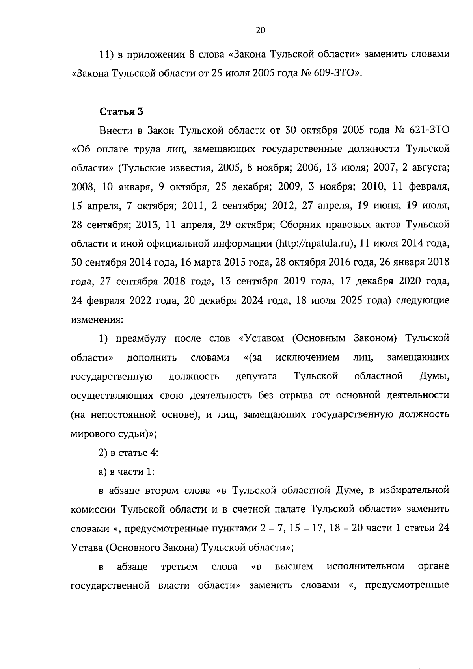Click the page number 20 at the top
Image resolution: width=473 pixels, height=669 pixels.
pyautogui.click(x=261, y=30)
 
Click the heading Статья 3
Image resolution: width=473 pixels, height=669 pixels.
pyautogui.click(x=121, y=111)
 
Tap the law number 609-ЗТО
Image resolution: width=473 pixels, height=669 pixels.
pyautogui.click(x=334, y=73)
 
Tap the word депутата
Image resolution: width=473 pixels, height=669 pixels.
pyautogui.click(x=256, y=376)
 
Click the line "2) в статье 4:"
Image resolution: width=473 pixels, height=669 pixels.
pyautogui.click(x=128, y=453)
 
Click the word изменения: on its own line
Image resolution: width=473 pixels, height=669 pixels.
pyautogui.click(x=97, y=320)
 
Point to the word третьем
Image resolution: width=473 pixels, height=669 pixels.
pyautogui.click(x=179, y=567)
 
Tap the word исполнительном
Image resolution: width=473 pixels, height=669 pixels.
pyautogui.click(x=365, y=567)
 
